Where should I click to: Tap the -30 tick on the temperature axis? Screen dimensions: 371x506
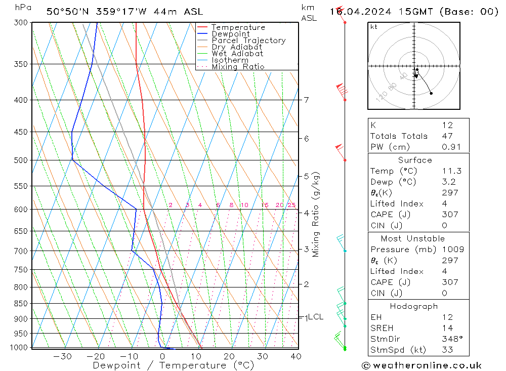(62, 356)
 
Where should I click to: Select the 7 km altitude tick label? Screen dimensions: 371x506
(306, 100)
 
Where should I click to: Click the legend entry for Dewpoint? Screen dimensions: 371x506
(230, 34)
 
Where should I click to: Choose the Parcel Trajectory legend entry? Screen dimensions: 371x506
(248, 40)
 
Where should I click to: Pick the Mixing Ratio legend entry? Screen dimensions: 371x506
(238, 67)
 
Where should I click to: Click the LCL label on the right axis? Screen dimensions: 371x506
(315, 317)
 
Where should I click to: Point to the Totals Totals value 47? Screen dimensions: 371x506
(447, 136)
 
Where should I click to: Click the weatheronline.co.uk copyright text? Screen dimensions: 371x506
(421, 365)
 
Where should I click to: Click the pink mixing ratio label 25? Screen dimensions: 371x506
(291, 205)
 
